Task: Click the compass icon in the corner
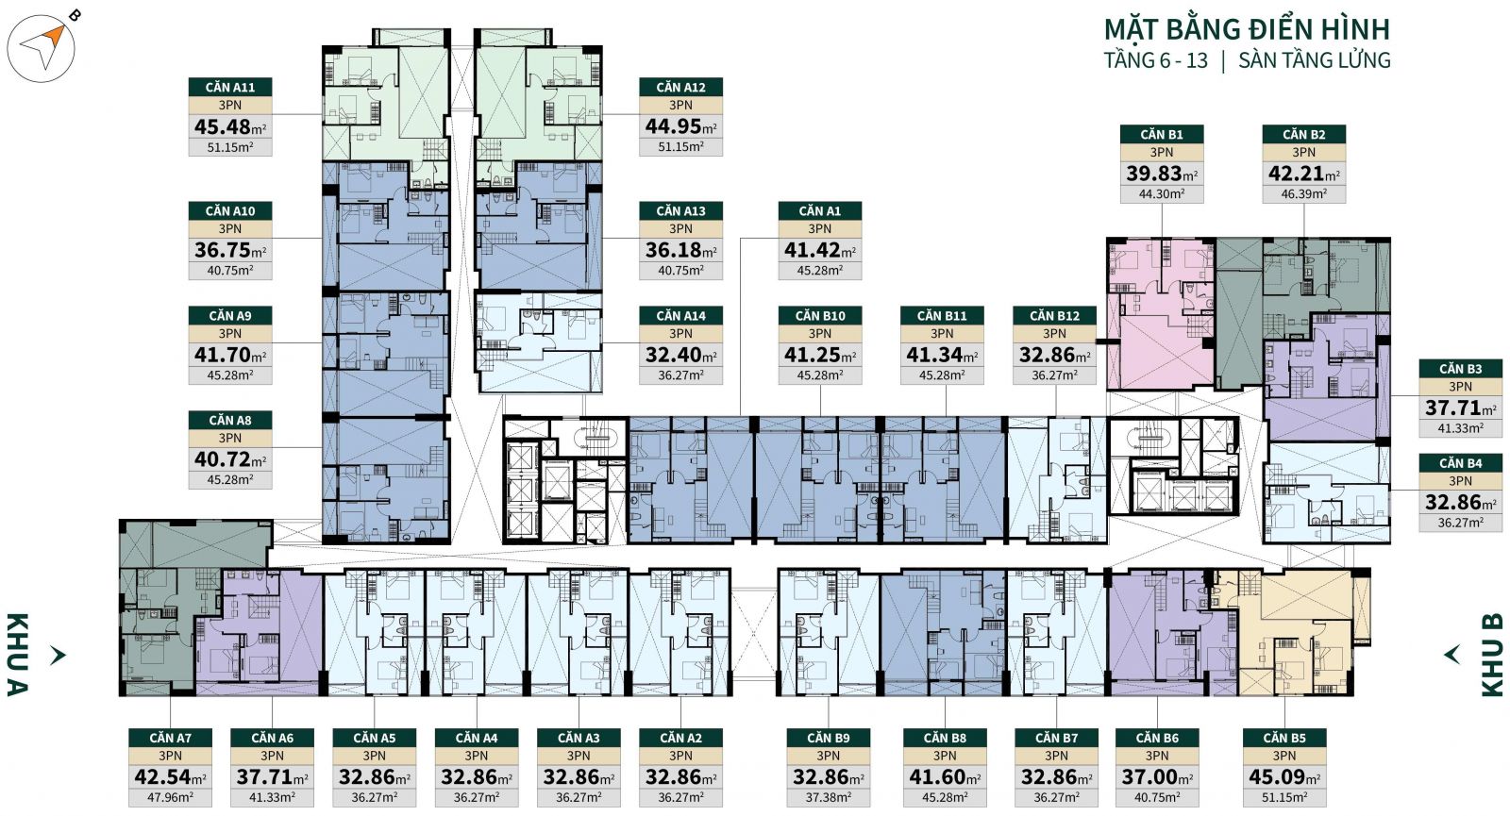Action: point(42,47)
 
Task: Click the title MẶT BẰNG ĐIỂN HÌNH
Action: point(1247,29)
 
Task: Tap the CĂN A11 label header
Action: point(230,87)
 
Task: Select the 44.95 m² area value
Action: point(680,126)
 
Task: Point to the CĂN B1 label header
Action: point(1162,134)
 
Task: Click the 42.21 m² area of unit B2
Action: point(1303,174)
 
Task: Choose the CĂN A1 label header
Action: point(820,211)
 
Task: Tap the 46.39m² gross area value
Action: point(1303,194)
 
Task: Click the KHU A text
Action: point(17,655)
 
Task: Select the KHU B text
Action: point(1492,655)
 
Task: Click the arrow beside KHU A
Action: point(58,655)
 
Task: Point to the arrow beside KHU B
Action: point(1451,655)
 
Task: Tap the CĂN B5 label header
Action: point(1284,738)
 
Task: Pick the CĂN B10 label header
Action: point(820,315)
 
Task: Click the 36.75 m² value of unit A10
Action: point(230,250)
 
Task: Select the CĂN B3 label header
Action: point(1461,369)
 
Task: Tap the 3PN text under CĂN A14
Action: point(680,334)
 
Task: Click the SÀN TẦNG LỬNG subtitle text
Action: point(1315,60)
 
